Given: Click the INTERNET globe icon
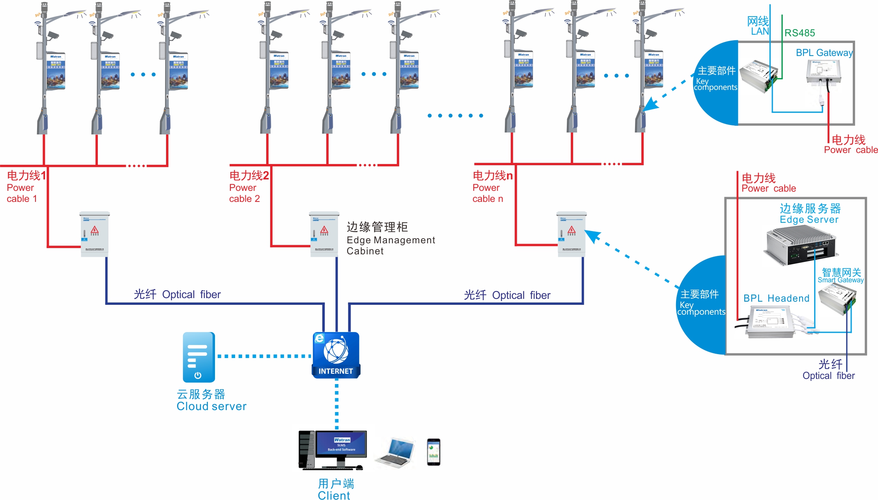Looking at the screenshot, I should [x=336, y=354].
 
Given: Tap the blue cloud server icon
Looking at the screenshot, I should [x=199, y=357].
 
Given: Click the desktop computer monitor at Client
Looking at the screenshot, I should [x=341, y=444].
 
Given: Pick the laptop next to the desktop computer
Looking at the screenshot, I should [x=396, y=452].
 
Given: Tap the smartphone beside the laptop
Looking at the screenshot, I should [x=433, y=452].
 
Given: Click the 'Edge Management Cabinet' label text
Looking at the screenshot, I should [x=390, y=239].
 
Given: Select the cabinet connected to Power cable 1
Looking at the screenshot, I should [x=95, y=234].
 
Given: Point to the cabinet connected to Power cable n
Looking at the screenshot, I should [x=572, y=234].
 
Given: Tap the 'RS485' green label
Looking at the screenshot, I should [x=800, y=33].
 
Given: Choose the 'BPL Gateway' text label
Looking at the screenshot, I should [x=824, y=53].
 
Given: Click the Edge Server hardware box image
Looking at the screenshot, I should [x=801, y=246].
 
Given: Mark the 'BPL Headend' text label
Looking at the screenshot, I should [x=776, y=299].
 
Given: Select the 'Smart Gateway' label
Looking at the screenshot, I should [x=841, y=280].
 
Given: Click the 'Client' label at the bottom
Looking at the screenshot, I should [x=334, y=496].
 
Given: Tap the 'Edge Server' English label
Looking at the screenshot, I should [x=809, y=220].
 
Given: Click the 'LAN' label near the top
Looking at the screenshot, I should [x=760, y=32].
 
